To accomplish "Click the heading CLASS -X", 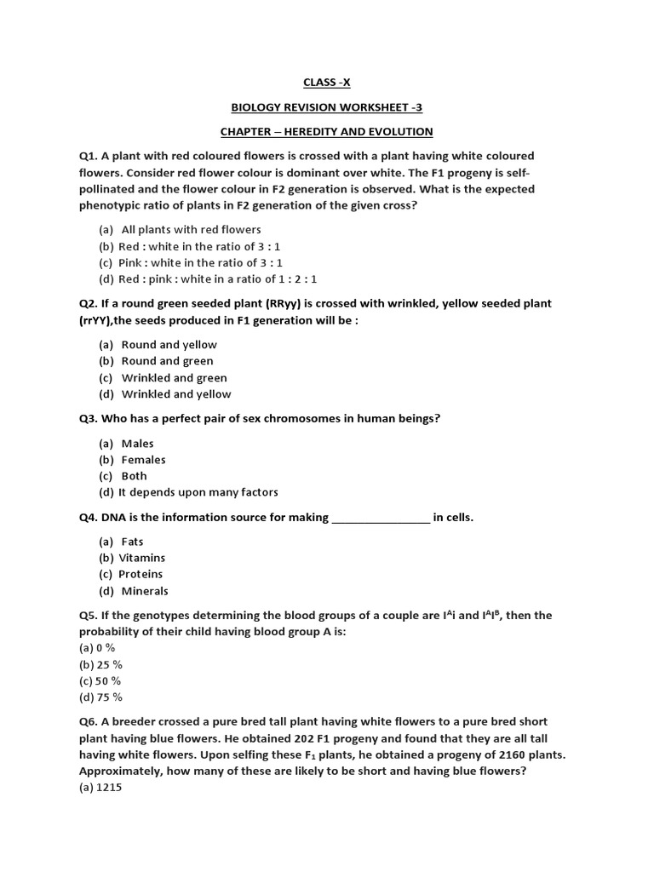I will point(327,83).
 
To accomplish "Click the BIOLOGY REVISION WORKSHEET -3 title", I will point(327,107).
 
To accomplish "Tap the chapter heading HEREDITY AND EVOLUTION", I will point(327,132).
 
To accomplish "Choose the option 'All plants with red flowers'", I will point(191,230).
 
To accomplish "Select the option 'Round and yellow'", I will point(169,345).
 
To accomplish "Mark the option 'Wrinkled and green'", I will point(174,378).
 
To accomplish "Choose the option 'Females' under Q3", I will point(143,460).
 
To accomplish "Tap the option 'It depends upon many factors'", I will point(198,492).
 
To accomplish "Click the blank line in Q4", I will point(380,519).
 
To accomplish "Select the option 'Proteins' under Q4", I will point(141,575).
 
